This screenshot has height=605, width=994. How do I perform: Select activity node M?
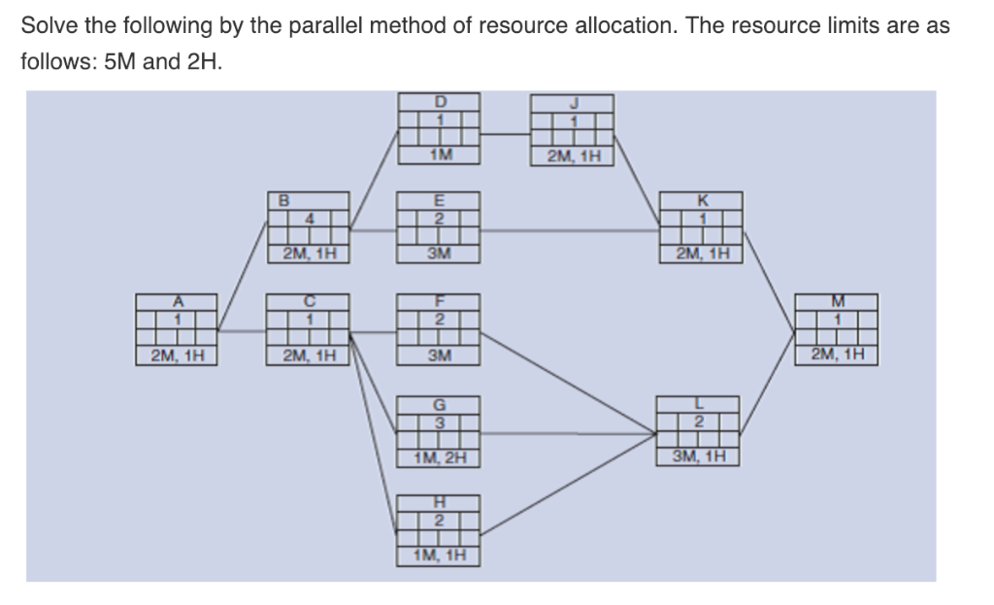[x=837, y=321]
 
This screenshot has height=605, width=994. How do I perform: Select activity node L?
[x=699, y=420]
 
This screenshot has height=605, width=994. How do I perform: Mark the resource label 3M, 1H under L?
[x=699, y=456]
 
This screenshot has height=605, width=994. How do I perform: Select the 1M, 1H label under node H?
[x=439, y=556]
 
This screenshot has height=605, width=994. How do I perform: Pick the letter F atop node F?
[x=440, y=300]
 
